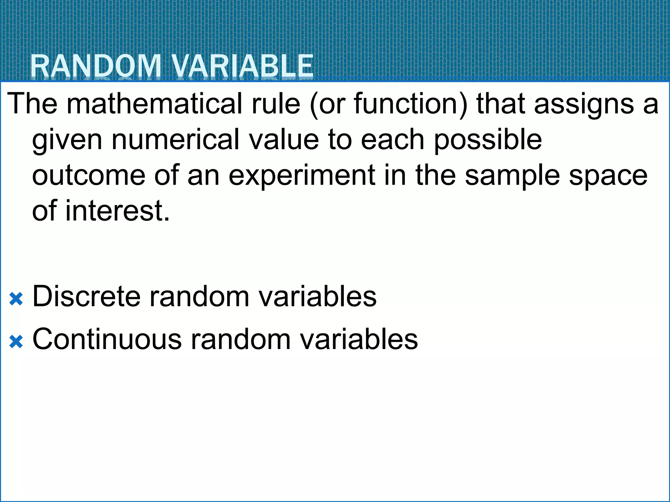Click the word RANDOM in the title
pyautogui.click(x=96, y=66)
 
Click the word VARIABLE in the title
pyautogui.click(x=242, y=66)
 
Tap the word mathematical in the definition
pyautogui.click(x=154, y=104)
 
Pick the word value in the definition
pyautogui.click(x=283, y=140)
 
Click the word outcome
pyautogui.click(x=89, y=176)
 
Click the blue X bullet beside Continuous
pyautogui.click(x=16, y=342)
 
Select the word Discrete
pyautogui.click(x=86, y=296)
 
